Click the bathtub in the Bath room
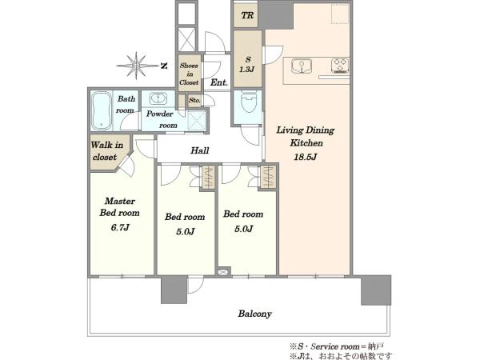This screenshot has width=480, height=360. (101, 111)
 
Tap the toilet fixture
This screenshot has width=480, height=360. (248, 102)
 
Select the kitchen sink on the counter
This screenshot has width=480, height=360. (302, 66)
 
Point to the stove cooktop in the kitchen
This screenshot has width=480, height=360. (340, 66)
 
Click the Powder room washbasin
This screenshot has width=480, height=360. (158, 98)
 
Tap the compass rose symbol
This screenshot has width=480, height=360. (137, 66)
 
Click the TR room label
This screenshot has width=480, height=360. (247, 15)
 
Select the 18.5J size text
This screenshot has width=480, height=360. (306, 157)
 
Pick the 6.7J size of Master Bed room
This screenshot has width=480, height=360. (120, 227)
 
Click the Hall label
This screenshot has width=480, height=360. (200, 150)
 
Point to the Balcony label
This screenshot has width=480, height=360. (254, 314)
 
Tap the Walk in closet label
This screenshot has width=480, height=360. (106, 150)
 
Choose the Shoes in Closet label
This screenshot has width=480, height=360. (189, 74)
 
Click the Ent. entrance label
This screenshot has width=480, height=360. (219, 82)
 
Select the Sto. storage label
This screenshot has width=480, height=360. (194, 100)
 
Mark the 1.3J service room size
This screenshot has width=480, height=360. (246, 70)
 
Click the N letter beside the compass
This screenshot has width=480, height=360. (164, 66)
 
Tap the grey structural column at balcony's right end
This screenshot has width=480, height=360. (376, 290)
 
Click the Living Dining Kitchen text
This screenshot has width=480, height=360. (306, 136)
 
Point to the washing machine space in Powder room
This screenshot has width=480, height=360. (196, 121)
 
